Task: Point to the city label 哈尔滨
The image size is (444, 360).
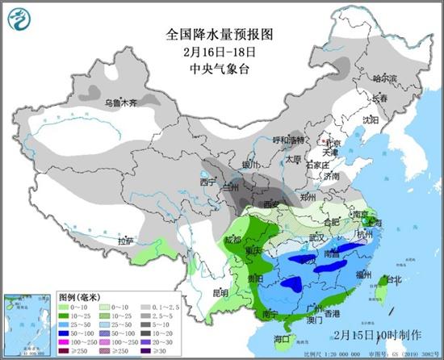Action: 385,78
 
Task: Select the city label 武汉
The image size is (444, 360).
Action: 317,237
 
